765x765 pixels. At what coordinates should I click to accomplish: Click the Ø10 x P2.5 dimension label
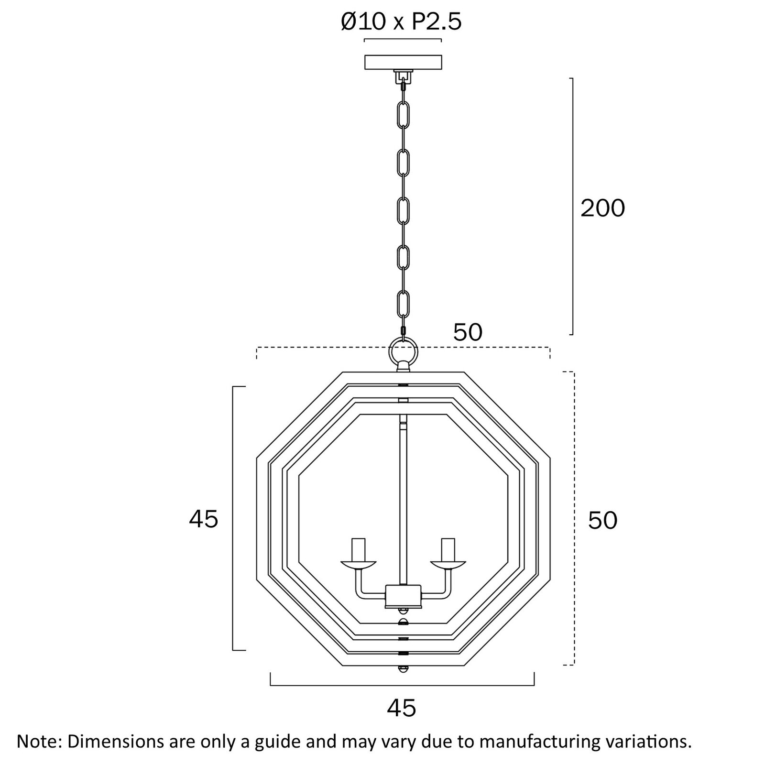coord(402,22)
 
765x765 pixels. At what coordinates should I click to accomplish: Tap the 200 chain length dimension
coord(602,208)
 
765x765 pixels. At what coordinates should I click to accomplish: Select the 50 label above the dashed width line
coord(468,332)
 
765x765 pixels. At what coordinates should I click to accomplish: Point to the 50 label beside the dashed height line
coord(602,520)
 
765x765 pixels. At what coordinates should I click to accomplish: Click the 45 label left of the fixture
coord(204,519)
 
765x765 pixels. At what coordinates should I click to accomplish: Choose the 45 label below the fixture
coord(402,708)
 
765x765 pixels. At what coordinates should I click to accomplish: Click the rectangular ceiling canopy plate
coord(403,62)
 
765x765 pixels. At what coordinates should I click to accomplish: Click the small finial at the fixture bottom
coord(403,669)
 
